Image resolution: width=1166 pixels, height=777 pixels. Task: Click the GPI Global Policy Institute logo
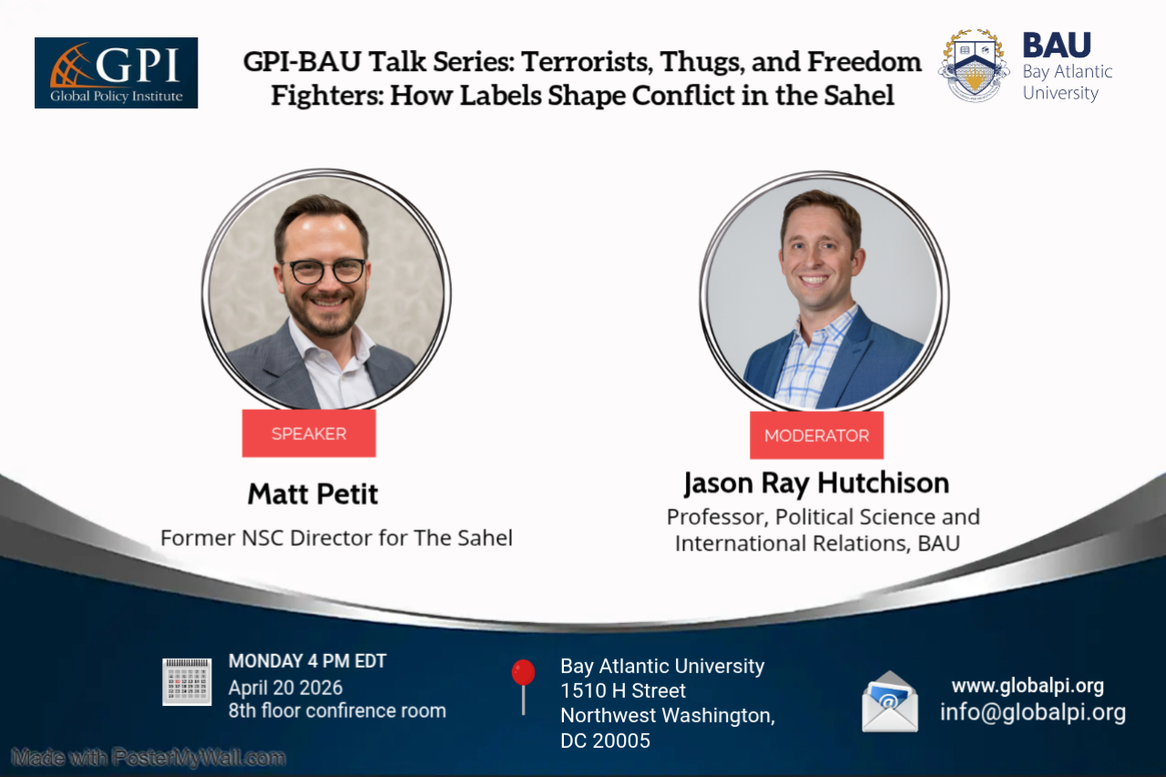point(116,73)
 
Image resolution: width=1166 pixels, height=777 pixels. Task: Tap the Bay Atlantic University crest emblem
point(973,66)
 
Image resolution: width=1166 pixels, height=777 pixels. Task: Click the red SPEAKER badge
point(309,434)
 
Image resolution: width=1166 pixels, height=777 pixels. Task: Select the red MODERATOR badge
point(816,435)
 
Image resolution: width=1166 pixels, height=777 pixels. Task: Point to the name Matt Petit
point(312,495)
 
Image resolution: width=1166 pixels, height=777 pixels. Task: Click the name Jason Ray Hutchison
point(816,482)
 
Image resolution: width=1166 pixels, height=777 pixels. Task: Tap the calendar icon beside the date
point(187,681)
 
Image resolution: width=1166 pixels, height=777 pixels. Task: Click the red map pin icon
point(523,675)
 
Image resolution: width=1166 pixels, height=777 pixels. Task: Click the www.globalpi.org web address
point(1028,686)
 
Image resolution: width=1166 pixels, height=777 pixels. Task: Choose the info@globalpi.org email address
point(1033,712)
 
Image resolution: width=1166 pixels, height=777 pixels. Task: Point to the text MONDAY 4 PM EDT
point(307,661)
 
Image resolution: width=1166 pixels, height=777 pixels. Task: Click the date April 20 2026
point(286,688)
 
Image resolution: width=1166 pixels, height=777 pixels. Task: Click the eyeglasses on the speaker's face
point(323,270)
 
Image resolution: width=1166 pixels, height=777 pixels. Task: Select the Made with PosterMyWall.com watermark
point(148,757)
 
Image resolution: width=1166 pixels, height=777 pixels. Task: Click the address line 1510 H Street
point(623,690)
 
